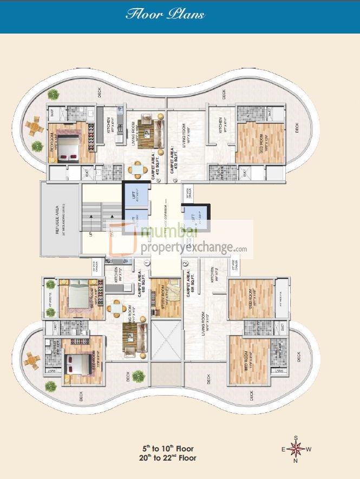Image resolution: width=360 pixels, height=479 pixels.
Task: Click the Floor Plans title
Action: click(165, 15)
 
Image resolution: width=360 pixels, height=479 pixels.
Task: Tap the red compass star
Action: click(296, 449)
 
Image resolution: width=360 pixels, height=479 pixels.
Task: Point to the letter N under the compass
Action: click(296, 461)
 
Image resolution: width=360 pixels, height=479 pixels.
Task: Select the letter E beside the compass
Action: click(283, 449)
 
